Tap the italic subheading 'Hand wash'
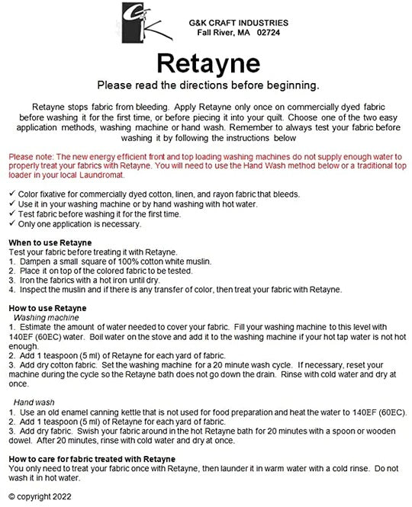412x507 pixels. (35, 402)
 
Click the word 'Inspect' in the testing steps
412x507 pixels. (33, 290)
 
